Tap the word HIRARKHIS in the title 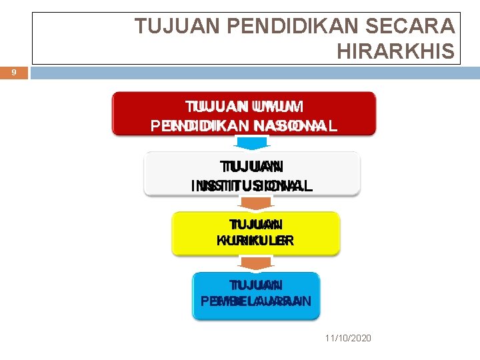click(x=396, y=51)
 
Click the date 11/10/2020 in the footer click(x=349, y=339)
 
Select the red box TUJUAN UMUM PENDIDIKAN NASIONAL click(x=244, y=115)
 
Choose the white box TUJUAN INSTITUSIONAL click(x=252, y=175)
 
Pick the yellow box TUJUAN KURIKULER click(x=256, y=233)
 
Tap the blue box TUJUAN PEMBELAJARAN click(x=256, y=295)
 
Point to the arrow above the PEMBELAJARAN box click(x=256, y=263)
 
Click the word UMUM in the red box click(x=278, y=107)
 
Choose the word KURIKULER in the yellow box click(x=255, y=241)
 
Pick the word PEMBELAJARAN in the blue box click(x=256, y=301)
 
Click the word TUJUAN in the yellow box click(x=255, y=225)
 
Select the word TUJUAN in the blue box click(x=256, y=285)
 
